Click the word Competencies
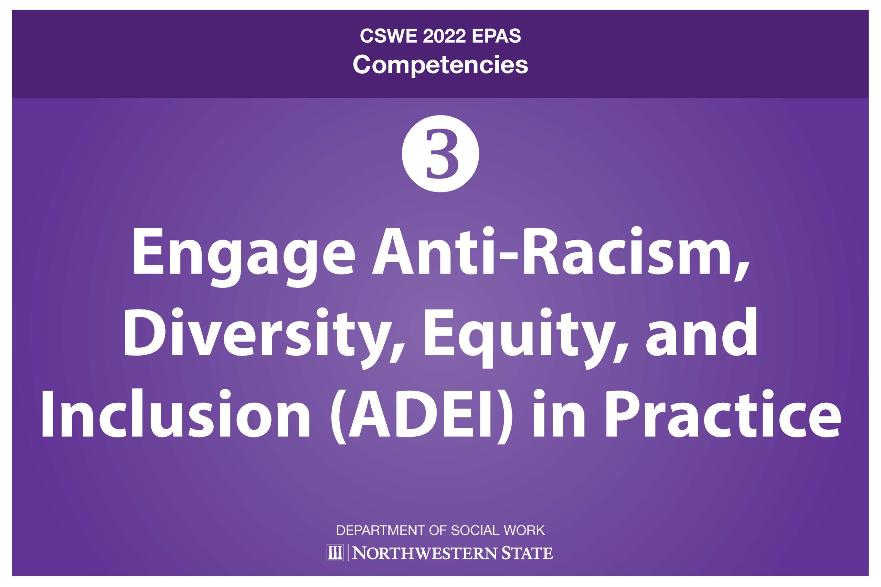pyautogui.click(x=440, y=65)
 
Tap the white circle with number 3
pyautogui.click(x=440, y=153)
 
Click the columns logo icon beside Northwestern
pyautogui.click(x=335, y=553)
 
